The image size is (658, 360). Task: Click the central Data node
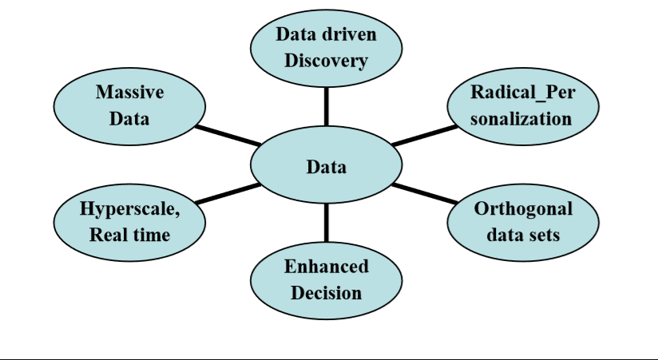point(326,167)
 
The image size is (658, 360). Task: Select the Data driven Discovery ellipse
point(326,48)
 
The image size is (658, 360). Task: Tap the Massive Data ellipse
point(129,105)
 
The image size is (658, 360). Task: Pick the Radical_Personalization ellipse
point(522,105)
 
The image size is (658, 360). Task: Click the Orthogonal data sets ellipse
point(522,222)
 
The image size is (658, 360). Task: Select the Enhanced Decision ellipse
point(326,279)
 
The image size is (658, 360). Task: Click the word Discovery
point(326,60)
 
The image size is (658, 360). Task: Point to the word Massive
point(129,92)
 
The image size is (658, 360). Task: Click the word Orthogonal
point(523,209)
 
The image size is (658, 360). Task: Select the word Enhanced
point(326,267)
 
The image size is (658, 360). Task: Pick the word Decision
point(326,293)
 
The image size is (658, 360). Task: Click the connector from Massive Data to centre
point(228,135)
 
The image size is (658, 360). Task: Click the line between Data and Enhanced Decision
point(326,223)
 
